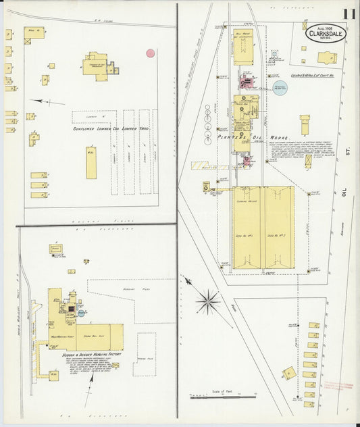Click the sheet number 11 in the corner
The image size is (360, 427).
pos(349,14)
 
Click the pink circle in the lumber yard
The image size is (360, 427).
pos(151,52)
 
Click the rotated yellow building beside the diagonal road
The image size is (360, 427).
pos(289,374)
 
